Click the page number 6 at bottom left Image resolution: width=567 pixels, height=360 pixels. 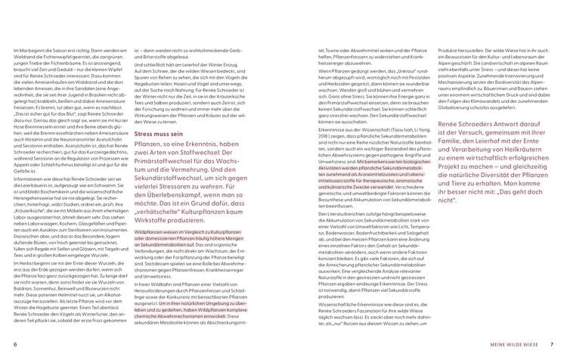point(15,346)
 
